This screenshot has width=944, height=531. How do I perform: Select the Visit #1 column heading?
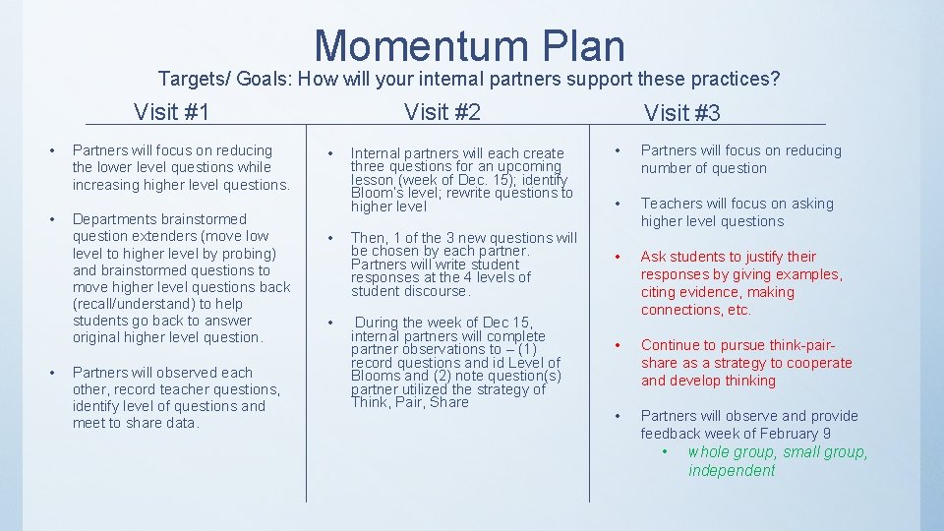[x=172, y=111]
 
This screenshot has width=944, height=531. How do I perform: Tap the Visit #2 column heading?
[x=442, y=112]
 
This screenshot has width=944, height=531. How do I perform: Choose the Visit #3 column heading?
[x=681, y=113]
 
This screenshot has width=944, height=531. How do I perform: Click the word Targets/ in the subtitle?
[x=190, y=78]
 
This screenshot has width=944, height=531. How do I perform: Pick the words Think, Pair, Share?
[x=409, y=402]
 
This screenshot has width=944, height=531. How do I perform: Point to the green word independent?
[x=732, y=471]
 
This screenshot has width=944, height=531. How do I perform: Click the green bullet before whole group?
[x=666, y=452]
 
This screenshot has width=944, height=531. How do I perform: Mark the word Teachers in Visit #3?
[x=672, y=204]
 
